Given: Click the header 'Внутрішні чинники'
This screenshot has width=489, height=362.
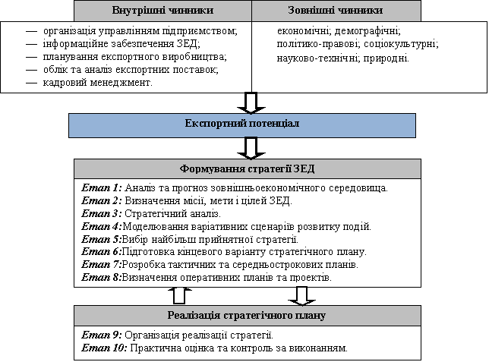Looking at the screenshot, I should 162,11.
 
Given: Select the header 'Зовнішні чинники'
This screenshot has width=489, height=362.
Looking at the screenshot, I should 335,11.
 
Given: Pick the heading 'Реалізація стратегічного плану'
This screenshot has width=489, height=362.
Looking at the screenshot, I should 247,315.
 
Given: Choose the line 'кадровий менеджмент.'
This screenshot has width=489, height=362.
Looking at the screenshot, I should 98,82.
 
